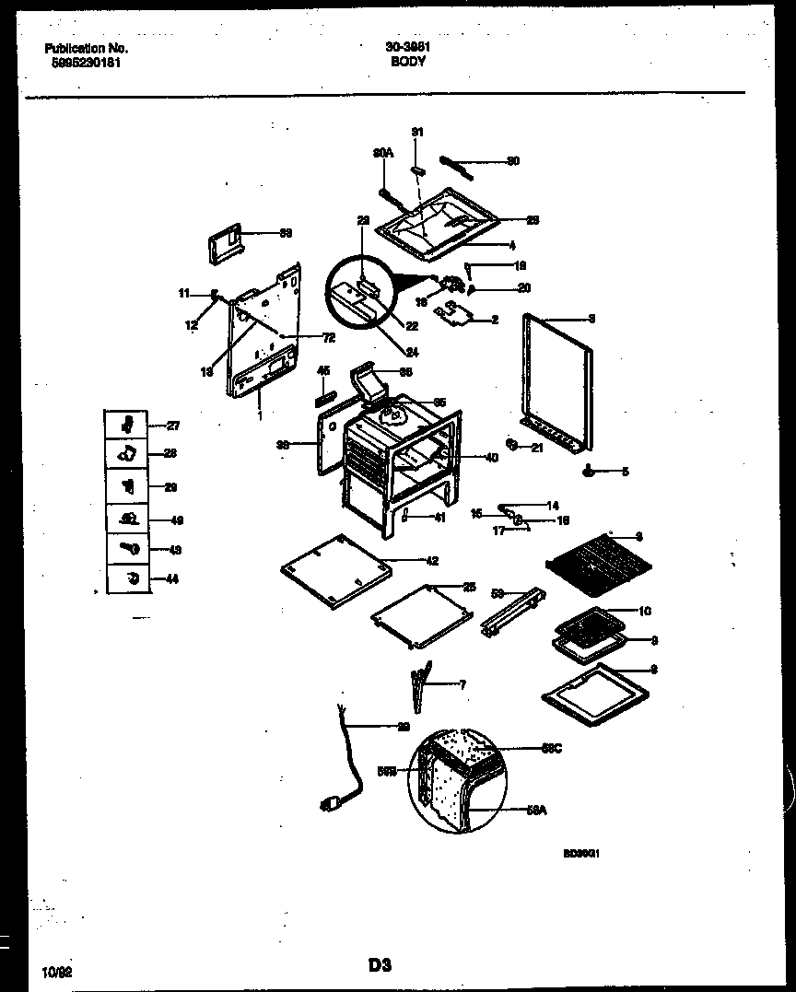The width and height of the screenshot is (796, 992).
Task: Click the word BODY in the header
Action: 408,62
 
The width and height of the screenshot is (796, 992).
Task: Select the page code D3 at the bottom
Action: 380,965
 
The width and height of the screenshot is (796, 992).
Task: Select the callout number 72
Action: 328,337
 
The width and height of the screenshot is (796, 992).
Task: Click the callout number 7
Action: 462,684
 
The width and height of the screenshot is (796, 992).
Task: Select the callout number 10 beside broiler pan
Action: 645,610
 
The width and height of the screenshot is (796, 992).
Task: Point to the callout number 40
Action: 491,457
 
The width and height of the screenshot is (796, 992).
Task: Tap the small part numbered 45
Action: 323,398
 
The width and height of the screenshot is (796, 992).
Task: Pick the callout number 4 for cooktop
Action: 511,245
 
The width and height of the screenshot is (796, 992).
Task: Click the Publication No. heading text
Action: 87,48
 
